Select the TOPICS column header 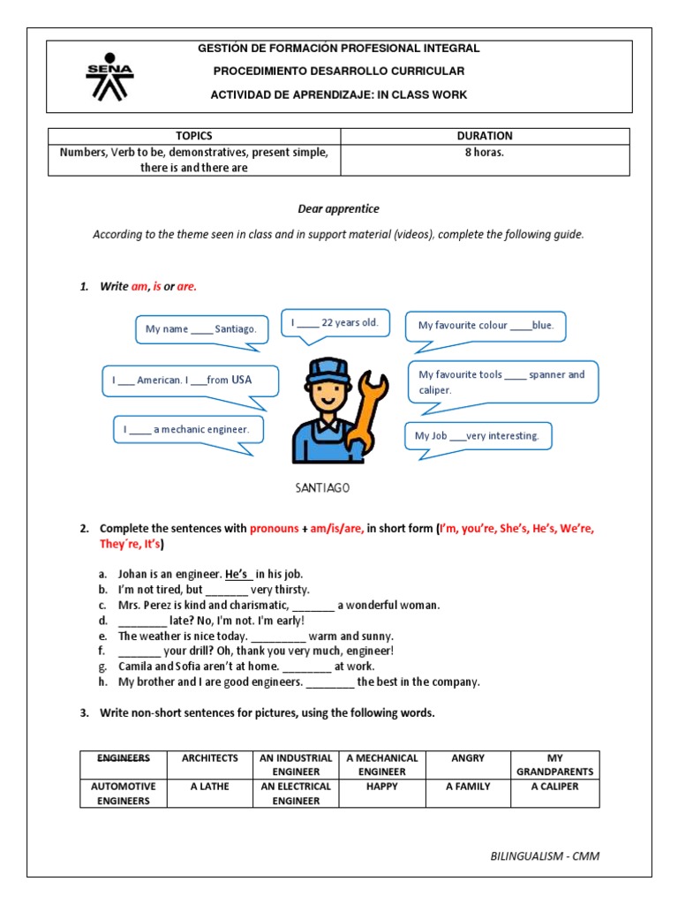pos(193,136)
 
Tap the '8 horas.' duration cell pos(485,152)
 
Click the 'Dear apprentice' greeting pos(338,209)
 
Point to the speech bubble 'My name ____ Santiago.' pos(200,329)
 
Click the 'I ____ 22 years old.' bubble pos(335,323)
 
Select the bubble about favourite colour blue pos(486,326)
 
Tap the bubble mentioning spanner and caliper pos(501,381)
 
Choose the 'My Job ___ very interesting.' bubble pos(477,436)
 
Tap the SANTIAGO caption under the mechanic pos(322,487)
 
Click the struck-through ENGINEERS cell pos(124,758)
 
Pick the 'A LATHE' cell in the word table pos(210,787)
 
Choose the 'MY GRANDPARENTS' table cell pos(554,765)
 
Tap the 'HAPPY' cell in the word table pos(382,787)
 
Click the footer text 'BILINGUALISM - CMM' pos(545,855)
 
